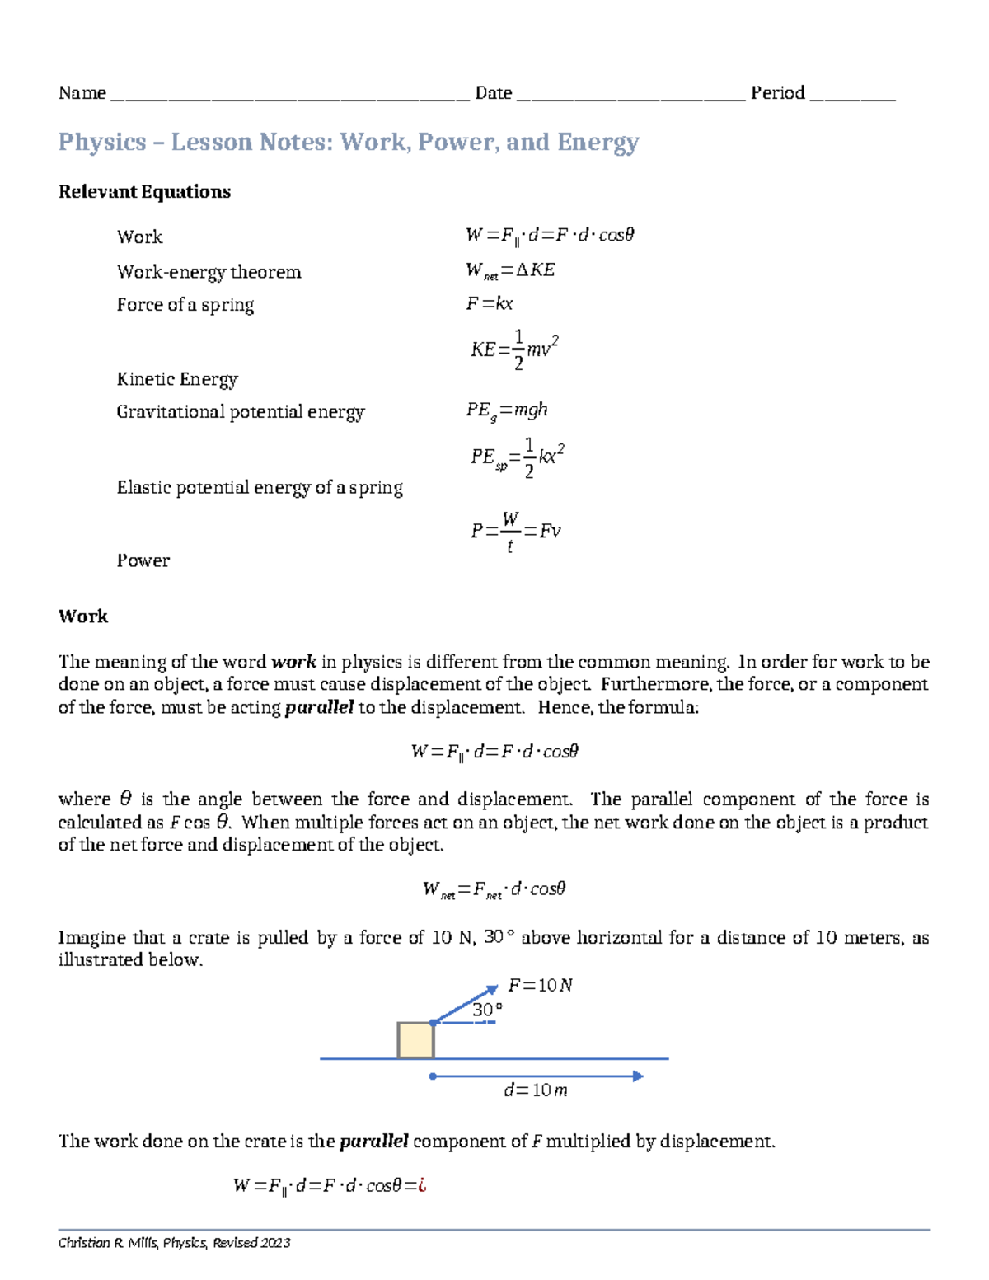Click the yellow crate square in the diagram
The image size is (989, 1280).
tap(415, 1040)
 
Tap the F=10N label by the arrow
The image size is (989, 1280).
tap(540, 985)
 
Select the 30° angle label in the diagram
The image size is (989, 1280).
tap(487, 1010)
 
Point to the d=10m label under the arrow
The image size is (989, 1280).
tap(536, 1090)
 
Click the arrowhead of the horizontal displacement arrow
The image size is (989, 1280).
tap(637, 1076)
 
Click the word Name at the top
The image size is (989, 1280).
tap(82, 93)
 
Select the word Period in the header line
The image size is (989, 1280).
tap(777, 93)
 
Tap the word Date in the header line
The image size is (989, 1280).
tap(493, 93)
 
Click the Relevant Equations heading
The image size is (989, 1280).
tap(144, 192)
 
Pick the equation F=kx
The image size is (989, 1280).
tap(490, 304)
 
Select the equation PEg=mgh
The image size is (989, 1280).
tap(506, 410)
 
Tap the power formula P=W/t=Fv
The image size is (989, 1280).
tap(515, 532)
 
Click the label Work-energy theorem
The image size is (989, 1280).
tap(209, 272)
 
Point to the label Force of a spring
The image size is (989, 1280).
tap(185, 305)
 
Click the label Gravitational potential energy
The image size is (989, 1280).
tap(240, 412)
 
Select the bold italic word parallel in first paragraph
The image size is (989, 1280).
tap(319, 707)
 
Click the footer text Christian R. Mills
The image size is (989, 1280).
tap(108, 1243)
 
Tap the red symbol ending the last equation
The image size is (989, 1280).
tap(422, 1186)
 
